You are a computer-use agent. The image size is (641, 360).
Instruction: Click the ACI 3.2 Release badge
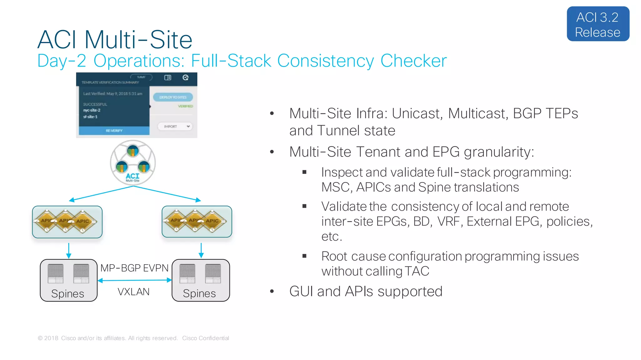point(598,24)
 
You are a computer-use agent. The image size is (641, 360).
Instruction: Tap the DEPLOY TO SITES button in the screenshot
point(173,97)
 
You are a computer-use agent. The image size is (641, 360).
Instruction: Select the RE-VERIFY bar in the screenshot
point(114,131)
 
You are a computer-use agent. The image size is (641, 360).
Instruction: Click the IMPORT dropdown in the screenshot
point(175,127)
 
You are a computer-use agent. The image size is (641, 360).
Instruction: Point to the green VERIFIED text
point(185,106)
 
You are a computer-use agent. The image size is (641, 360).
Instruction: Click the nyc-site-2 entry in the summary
point(92,110)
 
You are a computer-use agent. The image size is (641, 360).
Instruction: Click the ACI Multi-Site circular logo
point(133,163)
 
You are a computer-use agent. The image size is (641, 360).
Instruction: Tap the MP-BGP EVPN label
point(134,268)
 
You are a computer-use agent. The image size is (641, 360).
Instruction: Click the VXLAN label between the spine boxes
point(134,292)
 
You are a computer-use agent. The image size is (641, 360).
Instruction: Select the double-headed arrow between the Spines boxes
point(135,280)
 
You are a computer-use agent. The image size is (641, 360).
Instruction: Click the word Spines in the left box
point(68,294)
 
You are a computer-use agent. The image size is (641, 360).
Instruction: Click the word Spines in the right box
point(199,293)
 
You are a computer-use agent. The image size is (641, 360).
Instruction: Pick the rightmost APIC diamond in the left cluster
point(83,221)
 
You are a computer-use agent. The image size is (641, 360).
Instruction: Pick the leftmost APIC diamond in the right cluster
point(177,221)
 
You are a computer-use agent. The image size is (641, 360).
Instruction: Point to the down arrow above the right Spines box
point(201,251)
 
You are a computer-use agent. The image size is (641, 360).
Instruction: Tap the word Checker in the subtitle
point(413,61)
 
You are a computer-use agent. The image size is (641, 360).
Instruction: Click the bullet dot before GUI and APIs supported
point(272,292)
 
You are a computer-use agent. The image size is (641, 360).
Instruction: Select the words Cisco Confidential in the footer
point(205,338)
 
